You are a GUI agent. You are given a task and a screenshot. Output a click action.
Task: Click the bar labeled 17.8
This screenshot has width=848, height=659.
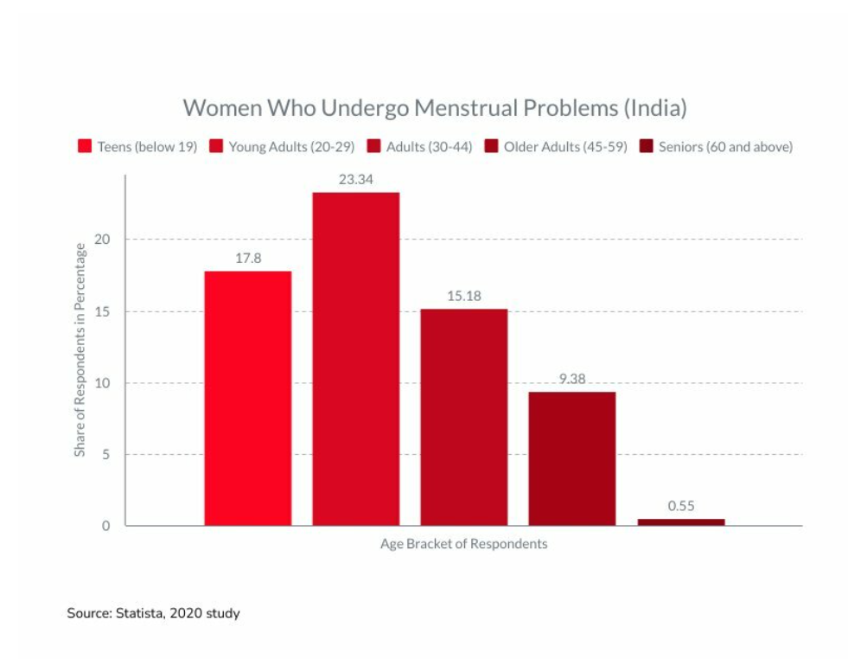[248, 398]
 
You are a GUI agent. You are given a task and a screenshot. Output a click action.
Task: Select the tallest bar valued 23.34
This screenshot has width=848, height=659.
[356, 358]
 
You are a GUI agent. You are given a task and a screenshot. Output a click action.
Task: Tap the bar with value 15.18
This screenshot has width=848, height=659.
[464, 417]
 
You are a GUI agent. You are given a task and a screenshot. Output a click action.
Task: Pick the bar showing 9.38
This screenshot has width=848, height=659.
[572, 458]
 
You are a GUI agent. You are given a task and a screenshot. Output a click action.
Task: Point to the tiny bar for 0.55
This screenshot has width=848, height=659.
[681, 521]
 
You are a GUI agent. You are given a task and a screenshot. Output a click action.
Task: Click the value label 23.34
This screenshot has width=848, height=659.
[356, 179]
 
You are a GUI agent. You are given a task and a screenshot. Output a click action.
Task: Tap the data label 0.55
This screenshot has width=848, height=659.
[681, 506]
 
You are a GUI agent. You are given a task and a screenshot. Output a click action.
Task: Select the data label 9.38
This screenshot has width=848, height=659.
[572, 379]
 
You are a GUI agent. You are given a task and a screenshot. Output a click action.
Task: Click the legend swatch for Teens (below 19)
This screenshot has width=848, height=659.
[85, 146]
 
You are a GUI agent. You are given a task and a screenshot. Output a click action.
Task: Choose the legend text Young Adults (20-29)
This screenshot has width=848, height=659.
[291, 146]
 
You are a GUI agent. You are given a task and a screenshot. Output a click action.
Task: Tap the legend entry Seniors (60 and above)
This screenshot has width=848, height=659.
[725, 146]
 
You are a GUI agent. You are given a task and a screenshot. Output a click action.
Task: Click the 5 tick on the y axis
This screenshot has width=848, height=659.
[106, 454]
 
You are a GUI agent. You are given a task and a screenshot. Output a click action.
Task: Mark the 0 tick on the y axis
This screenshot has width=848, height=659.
[106, 526]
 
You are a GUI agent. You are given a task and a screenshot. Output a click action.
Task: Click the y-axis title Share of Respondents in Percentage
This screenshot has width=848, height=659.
[80, 350]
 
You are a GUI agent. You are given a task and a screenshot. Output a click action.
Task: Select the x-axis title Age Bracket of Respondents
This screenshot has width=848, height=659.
[464, 544]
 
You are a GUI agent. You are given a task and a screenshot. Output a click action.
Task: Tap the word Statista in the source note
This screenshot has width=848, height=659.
[140, 613]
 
